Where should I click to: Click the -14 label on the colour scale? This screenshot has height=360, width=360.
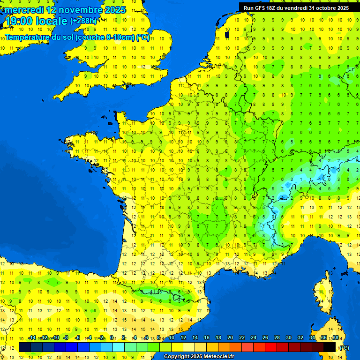point(32,337)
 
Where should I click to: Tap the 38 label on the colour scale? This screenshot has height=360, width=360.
point(336,337)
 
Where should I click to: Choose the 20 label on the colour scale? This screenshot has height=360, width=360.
point(230,337)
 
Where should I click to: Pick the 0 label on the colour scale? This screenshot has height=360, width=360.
point(112,337)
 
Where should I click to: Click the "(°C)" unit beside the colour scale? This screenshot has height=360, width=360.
point(344,347)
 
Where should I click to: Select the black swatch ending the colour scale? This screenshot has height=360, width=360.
point(330,347)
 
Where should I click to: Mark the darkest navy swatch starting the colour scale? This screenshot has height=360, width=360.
point(25,347)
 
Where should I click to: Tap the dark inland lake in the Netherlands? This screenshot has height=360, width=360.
point(227,34)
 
